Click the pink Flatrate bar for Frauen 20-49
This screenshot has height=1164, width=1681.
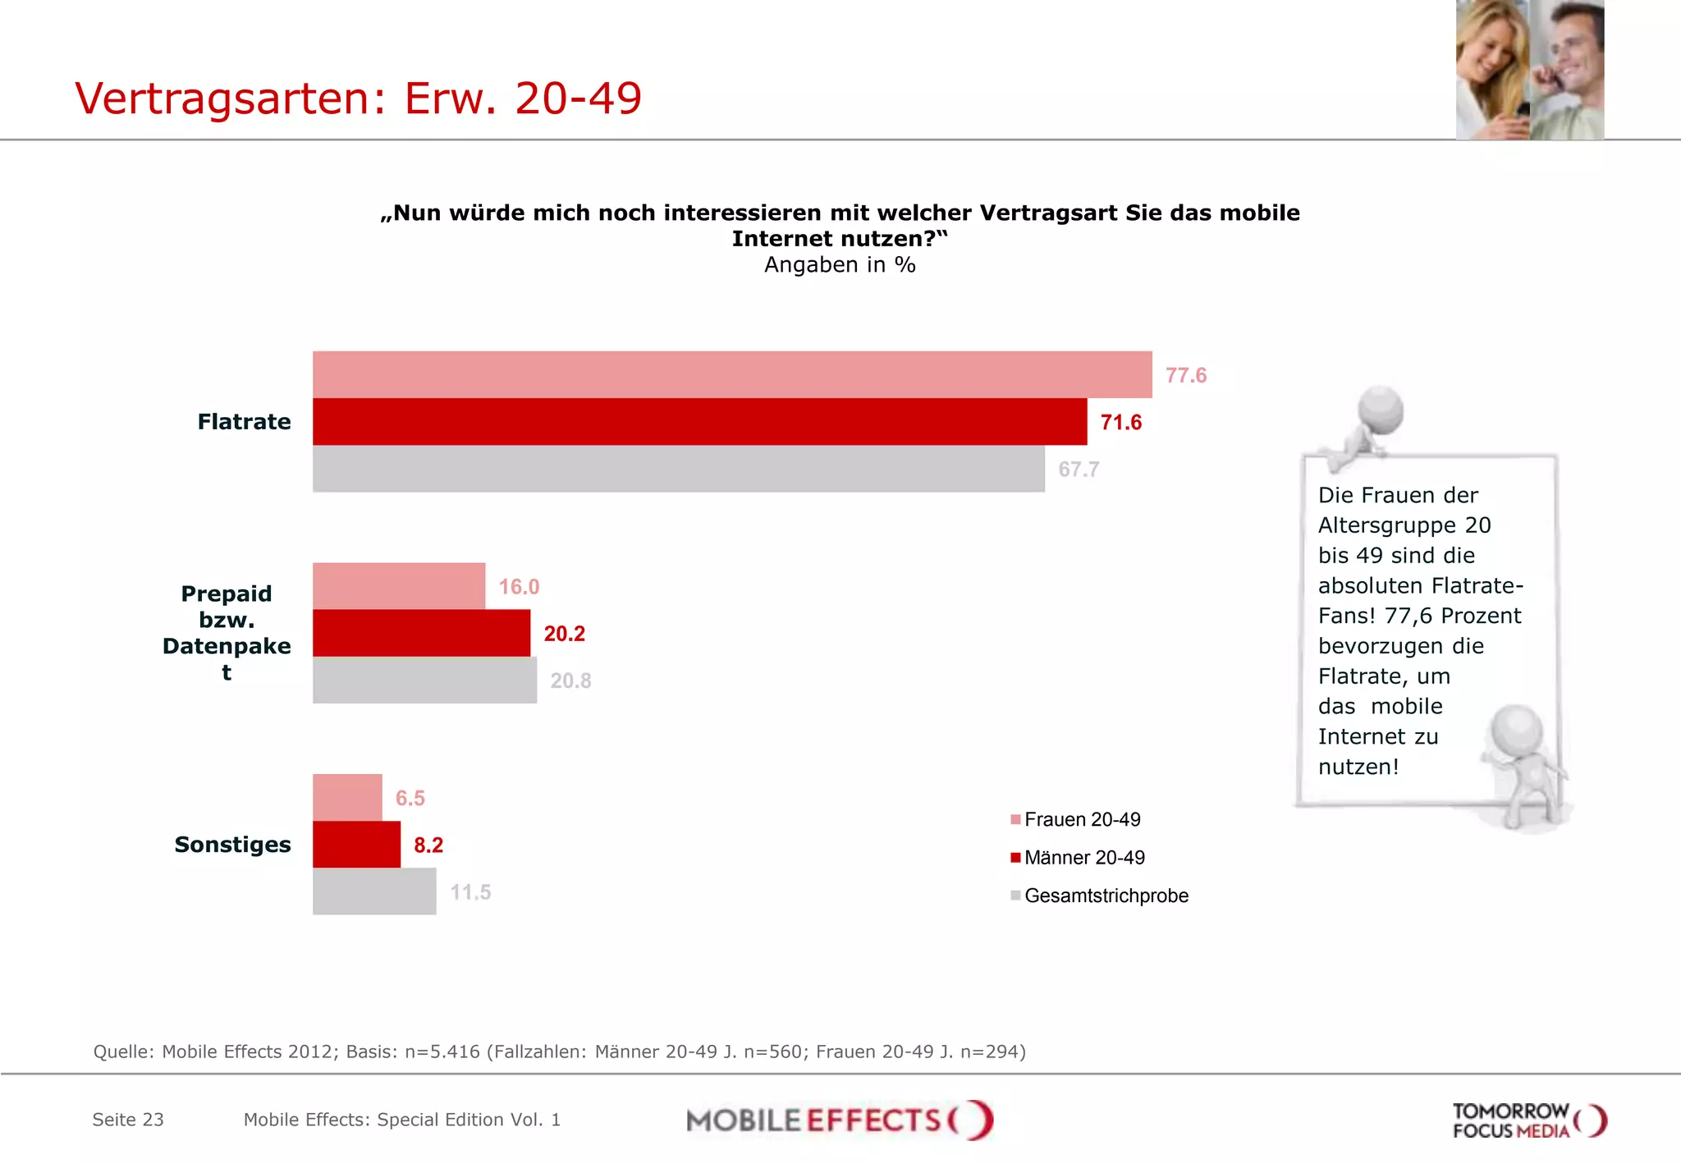tap(732, 375)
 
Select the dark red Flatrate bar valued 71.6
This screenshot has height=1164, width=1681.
tap(699, 422)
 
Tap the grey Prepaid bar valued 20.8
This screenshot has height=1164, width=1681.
tap(424, 681)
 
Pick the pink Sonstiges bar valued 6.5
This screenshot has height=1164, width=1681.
tap(347, 797)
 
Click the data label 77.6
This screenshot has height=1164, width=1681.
tap(1185, 376)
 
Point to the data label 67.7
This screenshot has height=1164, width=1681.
tap(1078, 470)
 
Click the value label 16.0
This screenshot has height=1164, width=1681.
tap(519, 587)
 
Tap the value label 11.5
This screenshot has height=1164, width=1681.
tap(470, 892)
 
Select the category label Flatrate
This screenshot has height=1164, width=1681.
tap(244, 422)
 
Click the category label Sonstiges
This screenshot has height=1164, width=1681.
tap(232, 845)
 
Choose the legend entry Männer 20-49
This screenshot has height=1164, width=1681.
tap(1083, 858)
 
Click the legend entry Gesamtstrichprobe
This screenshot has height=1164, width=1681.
tap(1105, 896)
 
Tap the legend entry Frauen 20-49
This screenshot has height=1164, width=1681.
tap(1082, 820)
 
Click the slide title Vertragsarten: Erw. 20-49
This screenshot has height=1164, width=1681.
tap(358, 99)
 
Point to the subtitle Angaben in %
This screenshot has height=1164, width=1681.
tap(840, 265)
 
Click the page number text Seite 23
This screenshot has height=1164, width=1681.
tap(128, 1120)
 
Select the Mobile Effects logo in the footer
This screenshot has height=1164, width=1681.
tap(840, 1120)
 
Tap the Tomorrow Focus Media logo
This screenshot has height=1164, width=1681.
tap(1528, 1120)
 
